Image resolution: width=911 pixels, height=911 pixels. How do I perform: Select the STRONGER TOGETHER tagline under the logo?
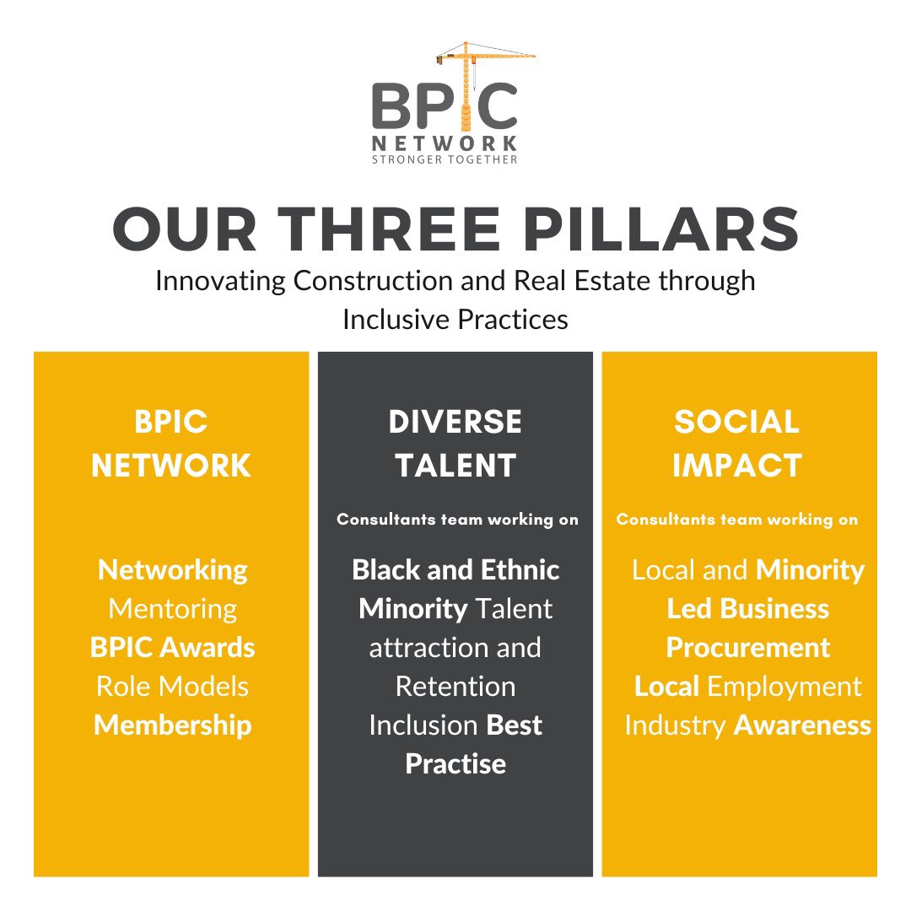pyautogui.click(x=445, y=159)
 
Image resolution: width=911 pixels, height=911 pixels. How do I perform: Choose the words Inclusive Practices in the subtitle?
pyautogui.click(x=455, y=320)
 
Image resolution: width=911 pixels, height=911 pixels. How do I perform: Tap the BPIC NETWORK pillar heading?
pyautogui.click(x=171, y=444)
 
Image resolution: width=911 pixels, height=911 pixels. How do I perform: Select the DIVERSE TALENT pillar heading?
pyautogui.click(x=455, y=444)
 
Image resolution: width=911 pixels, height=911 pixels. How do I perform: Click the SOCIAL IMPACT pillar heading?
pyautogui.click(x=737, y=444)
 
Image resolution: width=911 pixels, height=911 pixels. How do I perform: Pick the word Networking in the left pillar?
pyautogui.click(x=173, y=570)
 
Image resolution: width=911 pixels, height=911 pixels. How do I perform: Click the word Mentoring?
pyautogui.click(x=173, y=609)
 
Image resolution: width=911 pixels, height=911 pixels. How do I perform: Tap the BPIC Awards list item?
pyautogui.click(x=173, y=648)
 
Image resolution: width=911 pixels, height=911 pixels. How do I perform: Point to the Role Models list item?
pyautogui.click(x=173, y=687)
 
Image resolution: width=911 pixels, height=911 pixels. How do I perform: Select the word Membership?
pyautogui.click(x=173, y=725)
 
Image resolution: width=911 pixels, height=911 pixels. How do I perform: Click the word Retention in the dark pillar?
pyautogui.click(x=455, y=687)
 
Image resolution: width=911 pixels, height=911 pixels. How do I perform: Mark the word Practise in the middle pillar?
pyautogui.click(x=455, y=764)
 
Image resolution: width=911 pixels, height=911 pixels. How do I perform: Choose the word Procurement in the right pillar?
pyautogui.click(x=748, y=648)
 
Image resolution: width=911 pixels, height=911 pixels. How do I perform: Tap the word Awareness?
pyautogui.click(x=802, y=725)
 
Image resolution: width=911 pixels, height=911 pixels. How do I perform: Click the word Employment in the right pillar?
pyautogui.click(x=784, y=687)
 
